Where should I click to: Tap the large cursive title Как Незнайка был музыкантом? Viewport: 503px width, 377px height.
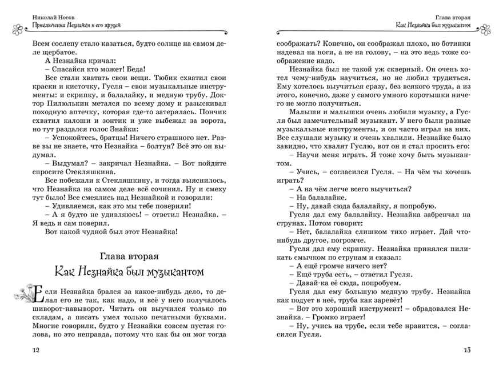coord(128,270)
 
